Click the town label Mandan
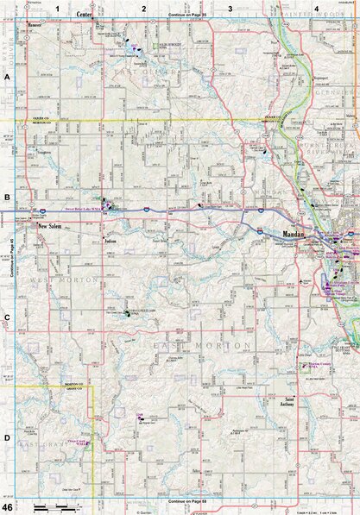[x=294, y=233]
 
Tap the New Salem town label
[x=53, y=227]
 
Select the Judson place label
[x=110, y=242]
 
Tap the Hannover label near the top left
[x=35, y=24]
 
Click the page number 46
[x=7, y=506]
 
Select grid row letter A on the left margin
[x=7, y=77]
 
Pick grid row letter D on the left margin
[x=7, y=438]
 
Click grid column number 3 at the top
[x=231, y=9]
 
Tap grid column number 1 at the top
[x=58, y=9]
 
